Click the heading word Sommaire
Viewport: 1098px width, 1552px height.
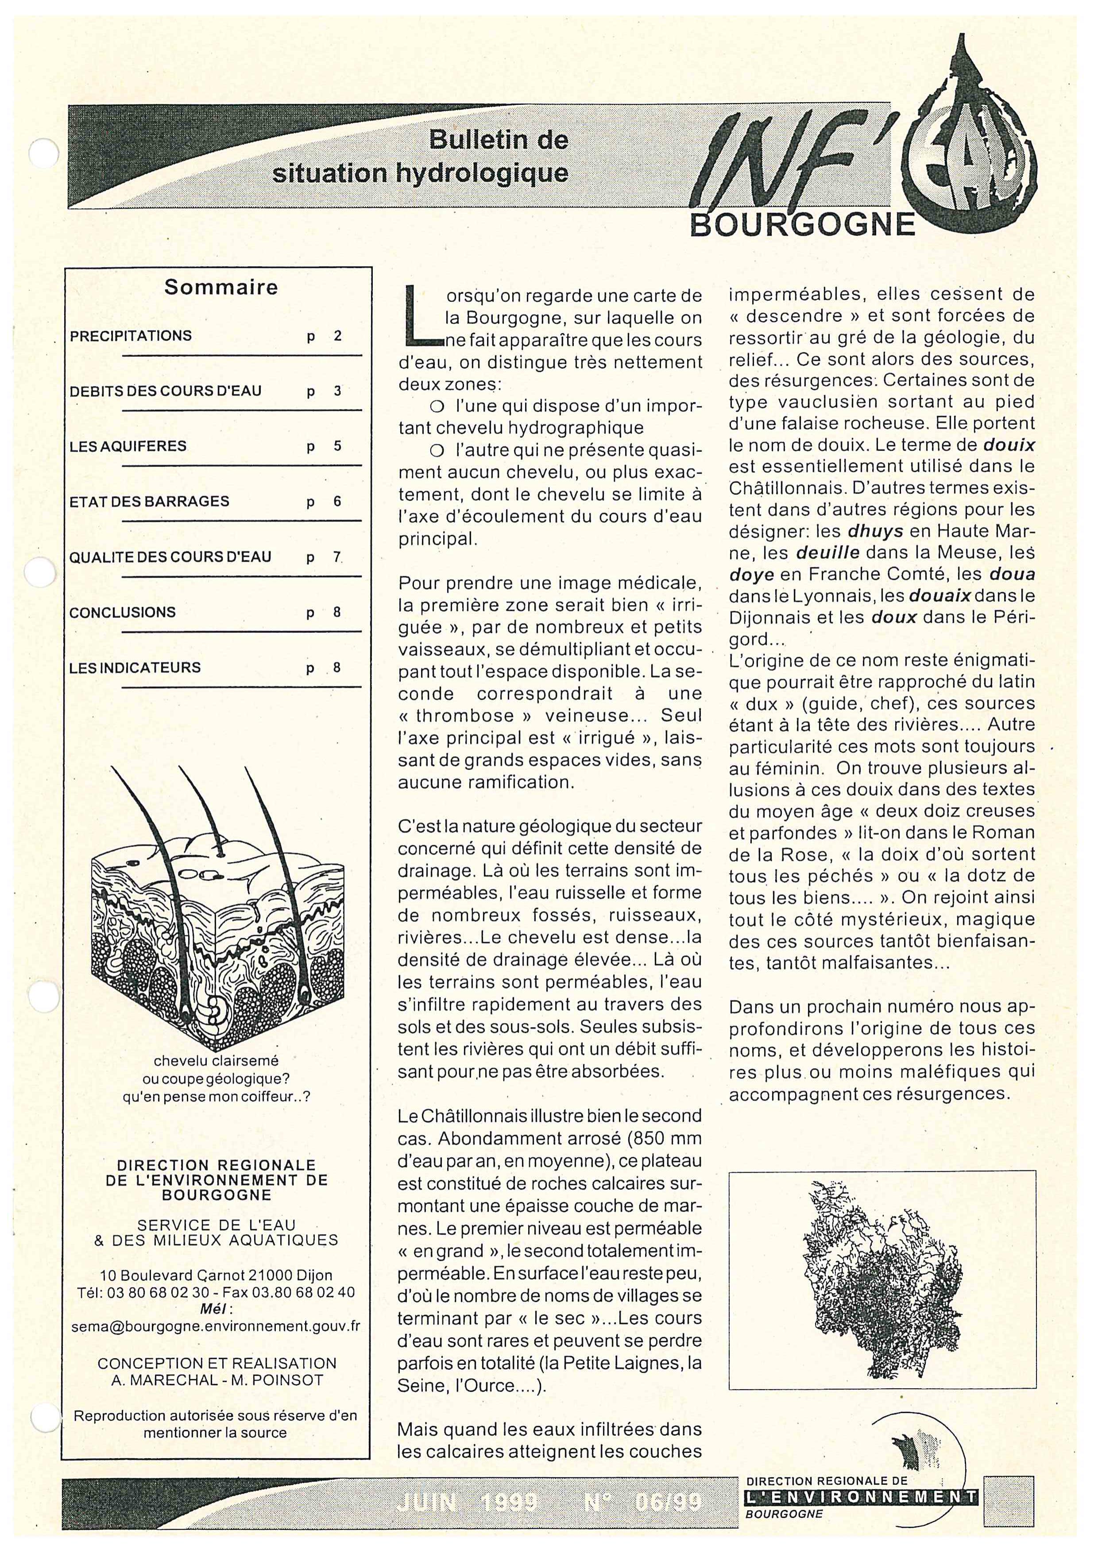click(x=220, y=287)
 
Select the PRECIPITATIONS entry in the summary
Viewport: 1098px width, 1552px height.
click(x=131, y=336)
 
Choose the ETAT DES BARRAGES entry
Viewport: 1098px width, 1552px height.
click(x=149, y=501)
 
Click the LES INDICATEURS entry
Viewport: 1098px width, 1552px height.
click(x=135, y=668)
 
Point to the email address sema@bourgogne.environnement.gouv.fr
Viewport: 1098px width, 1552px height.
click(x=216, y=1326)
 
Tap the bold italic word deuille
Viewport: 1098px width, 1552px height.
click(x=827, y=553)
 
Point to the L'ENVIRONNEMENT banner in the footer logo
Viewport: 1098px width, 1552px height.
click(x=862, y=1497)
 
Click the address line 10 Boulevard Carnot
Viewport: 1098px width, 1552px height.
click(x=216, y=1275)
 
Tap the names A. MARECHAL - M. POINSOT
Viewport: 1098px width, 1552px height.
click(x=217, y=1380)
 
